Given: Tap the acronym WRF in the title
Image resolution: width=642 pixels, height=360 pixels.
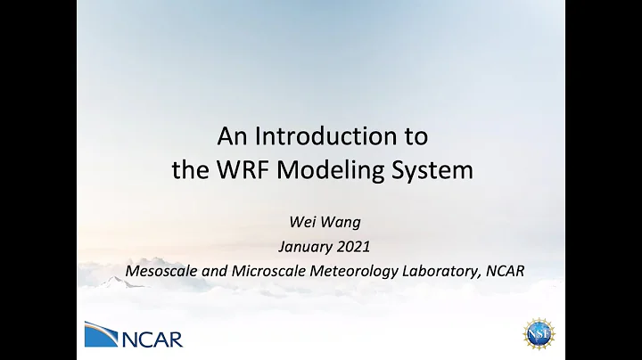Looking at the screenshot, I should (239, 169).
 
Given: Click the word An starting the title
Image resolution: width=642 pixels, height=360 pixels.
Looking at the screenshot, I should (231, 137).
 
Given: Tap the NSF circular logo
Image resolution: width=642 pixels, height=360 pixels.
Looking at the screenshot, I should (539, 332).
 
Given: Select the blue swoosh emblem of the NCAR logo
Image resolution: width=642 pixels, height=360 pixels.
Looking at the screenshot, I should (102, 334).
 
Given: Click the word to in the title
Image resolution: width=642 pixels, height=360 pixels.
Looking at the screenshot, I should (414, 137).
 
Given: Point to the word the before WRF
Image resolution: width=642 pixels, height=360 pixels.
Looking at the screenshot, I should (192, 169).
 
